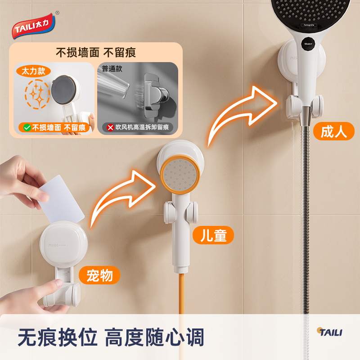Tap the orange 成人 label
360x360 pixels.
(x=334, y=131)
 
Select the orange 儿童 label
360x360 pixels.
(x=213, y=235)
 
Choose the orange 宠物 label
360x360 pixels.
(x=99, y=275)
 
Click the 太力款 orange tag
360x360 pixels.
(x=33, y=71)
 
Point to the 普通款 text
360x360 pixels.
(x=112, y=69)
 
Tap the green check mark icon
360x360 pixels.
(x=27, y=127)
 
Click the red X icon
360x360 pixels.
(x=110, y=127)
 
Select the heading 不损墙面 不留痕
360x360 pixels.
(x=96, y=53)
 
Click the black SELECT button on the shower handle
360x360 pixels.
(x=308, y=44)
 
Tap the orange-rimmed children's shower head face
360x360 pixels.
(x=180, y=175)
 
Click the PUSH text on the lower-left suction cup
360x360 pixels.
(x=53, y=245)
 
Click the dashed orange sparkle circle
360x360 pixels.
(x=37, y=94)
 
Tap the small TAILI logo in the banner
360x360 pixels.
(x=330, y=332)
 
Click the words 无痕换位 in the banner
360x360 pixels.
(x=58, y=337)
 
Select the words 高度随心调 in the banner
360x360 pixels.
(x=154, y=337)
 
